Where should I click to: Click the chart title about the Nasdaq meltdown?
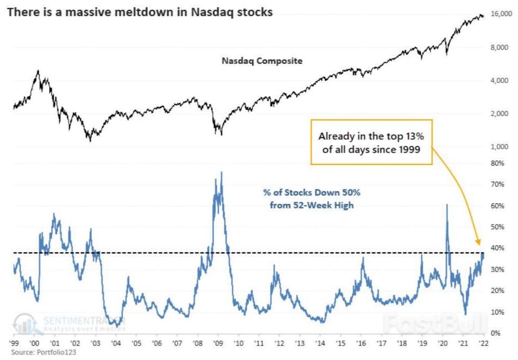click(139, 12)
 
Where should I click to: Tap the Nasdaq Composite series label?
click(262, 61)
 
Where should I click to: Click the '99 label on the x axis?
click(14, 343)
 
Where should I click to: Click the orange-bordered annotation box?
click(371, 142)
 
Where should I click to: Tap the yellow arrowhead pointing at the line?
click(478, 241)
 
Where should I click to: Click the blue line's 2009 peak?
click(222, 172)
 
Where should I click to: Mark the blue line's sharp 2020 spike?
click(447, 205)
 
